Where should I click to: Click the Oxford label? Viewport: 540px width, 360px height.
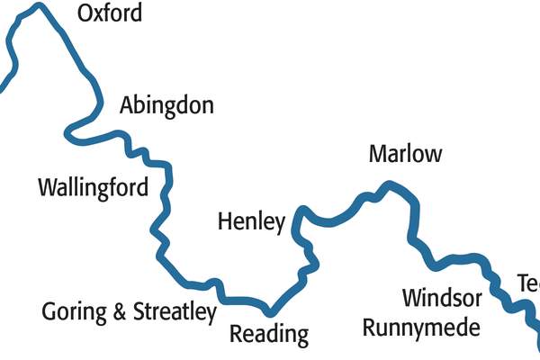click(x=110, y=14)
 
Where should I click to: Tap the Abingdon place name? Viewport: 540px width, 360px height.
click(x=166, y=106)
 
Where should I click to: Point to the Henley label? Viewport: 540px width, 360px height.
click(x=251, y=221)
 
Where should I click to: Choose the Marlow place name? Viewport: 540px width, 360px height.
click(x=405, y=154)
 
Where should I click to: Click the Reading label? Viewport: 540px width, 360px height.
click(x=269, y=335)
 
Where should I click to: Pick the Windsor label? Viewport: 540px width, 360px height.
click(x=442, y=298)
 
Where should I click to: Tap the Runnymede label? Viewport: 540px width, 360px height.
click(x=420, y=326)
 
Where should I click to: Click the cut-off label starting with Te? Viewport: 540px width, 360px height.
click(x=528, y=284)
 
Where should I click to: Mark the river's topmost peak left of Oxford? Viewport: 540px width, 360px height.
click(x=37, y=7)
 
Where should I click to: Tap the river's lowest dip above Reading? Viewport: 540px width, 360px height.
click(x=268, y=310)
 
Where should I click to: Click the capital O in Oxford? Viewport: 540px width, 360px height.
click(x=86, y=14)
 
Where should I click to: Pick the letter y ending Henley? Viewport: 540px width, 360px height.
click(x=279, y=224)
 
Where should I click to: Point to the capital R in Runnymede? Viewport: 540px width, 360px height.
click(x=370, y=326)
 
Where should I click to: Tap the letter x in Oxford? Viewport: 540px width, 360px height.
click(x=101, y=16)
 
